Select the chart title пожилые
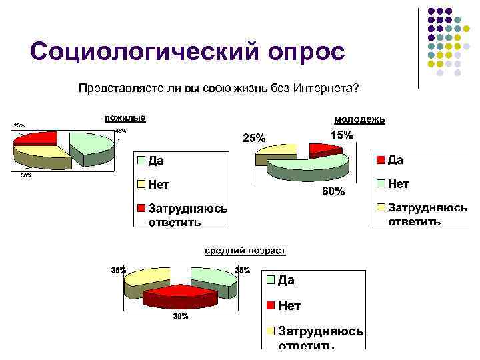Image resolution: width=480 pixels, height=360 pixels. (125, 118)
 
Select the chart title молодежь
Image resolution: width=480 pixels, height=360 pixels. (359, 119)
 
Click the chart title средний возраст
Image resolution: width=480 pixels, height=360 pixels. (245, 250)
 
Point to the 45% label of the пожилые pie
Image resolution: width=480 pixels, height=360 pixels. (121, 131)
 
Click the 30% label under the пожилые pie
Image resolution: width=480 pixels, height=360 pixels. (26, 176)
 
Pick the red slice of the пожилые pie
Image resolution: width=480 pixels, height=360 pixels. (36, 138)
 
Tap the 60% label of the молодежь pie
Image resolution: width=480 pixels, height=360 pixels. (333, 192)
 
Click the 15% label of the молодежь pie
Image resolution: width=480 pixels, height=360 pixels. (342, 135)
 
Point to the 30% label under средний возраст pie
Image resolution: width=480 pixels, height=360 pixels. (180, 317)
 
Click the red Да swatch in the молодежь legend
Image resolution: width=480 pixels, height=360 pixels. (381, 160)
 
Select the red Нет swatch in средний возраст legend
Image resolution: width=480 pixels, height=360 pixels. (271, 305)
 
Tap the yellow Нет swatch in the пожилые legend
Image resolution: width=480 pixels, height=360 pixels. (141, 183)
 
